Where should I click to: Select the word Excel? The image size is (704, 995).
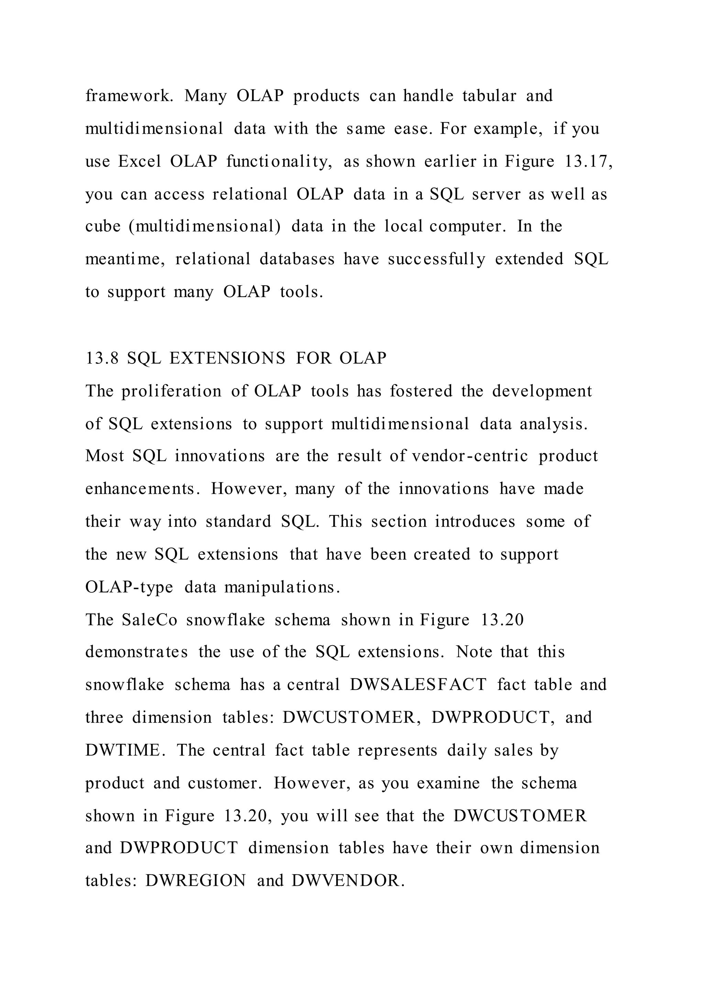(140, 161)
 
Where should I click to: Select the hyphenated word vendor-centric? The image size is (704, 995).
(470, 456)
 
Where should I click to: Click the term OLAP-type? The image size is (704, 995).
(129, 587)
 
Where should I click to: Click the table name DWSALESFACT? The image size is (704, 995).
(418, 685)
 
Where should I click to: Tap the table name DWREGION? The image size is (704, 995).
(196, 881)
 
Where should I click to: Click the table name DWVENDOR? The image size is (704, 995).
(348, 881)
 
